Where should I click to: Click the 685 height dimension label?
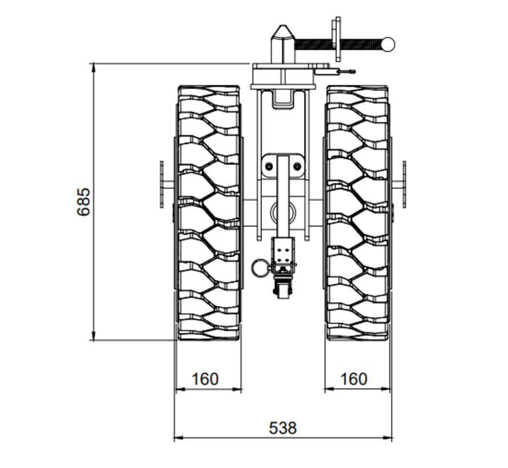point(84,201)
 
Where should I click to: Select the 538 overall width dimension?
point(283,427)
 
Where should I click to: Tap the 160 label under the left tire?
point(205,379)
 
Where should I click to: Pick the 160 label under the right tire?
point(354,379)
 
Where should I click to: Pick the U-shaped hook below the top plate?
point(283,98)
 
